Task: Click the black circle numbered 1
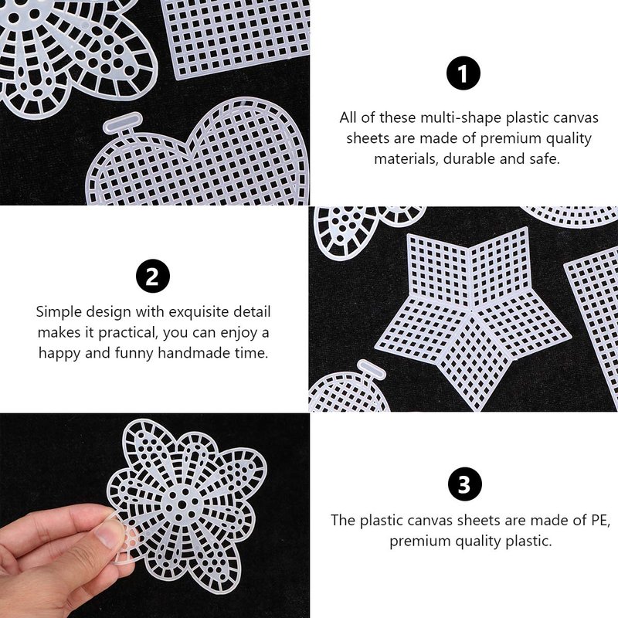coord(463,73)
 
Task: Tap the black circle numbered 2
coord(153,276)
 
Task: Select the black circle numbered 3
coord(465,484)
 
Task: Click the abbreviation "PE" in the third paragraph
coord(600,520)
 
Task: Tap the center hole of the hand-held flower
coord(182,504)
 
